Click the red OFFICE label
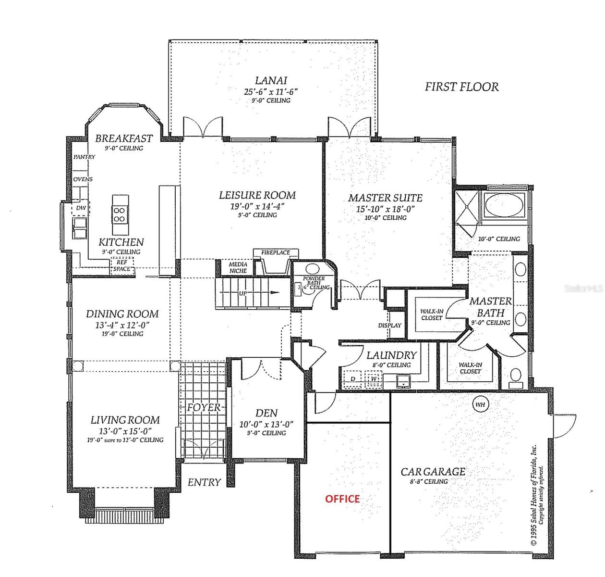pyautogui.click(x=342, y=499)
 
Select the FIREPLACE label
pyautogui.click(x=275, y=252)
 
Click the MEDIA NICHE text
pyautogui.click(x=238, y=268)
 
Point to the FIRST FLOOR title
pyautogui.click(x=461, y=87)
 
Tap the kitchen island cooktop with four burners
pyautogui.click(x=120, y=214)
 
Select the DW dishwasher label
pyautogui.click(x=81, y=208)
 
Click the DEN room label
pyautogui.click(x=266, y=413)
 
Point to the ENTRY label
pyautogui.click(x=204, y=482)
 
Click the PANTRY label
pyautogui.click(x=84, y=157)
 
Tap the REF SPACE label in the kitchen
pyautogui.click(x=122, y=265)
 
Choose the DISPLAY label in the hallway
pyautogui.click(x=389, y=326)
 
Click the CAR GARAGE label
pyautogui.click(x=433, y=472)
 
